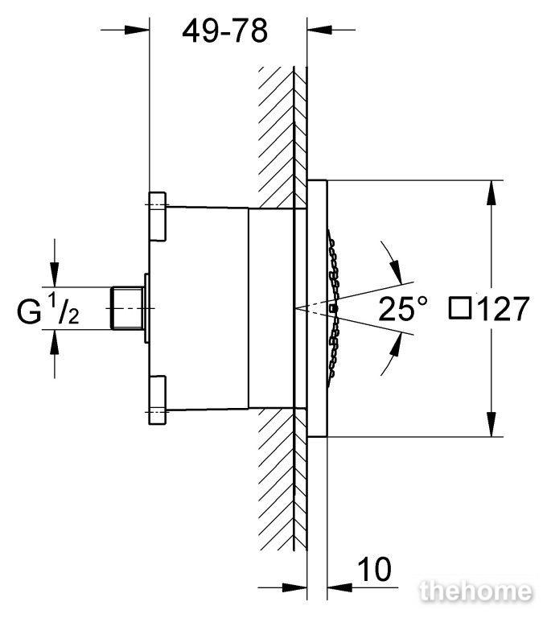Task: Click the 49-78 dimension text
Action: click(x=225, y=31)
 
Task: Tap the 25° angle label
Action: click(x=403, y=309)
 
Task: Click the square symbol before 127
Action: click(x=460, y=309)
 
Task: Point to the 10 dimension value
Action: click(x=374, y=569)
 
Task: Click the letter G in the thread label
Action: click(x=29, y=312)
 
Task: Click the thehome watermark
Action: click(x=476, y=592)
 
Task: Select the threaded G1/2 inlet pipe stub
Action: click(x=125, y=308)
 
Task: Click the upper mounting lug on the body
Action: click(x=157, y=216)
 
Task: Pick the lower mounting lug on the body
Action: click(x=157, y=400)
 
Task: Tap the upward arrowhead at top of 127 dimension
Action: click(x=491, y=192)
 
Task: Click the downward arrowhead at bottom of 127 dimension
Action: click(x=491, y=425)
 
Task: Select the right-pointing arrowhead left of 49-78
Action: click(x=137, y=30)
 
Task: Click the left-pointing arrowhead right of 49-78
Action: click(x=319, y=30)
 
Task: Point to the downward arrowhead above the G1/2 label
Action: click(x=55, y=274)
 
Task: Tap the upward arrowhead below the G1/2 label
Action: click(x=55, y=342)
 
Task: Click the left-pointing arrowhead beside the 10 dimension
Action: click(x=339, y=587)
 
